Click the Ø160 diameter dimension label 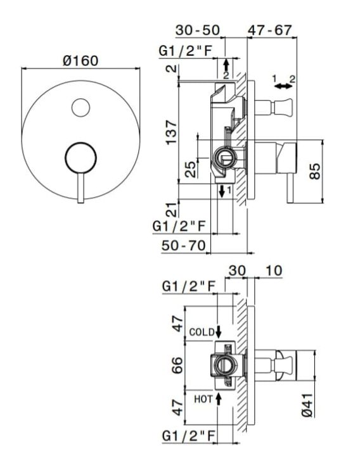pos(80,61)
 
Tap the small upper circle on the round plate pos(80,108)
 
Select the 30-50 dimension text pos(198,30)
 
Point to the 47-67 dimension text pos(269,30)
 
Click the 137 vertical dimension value pos(171,132)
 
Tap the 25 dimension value pos(191,169)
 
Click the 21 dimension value pos(172,210)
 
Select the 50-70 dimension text pos(184,245)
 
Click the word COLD pos(202,332)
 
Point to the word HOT pos(203,399)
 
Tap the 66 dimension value pos(177,365)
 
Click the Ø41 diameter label pos(307,405)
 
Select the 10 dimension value pos(274,270)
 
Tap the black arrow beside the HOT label pos(218,398)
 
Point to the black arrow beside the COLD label pos(218,332)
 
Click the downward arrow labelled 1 pos(222,191)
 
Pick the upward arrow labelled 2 pos(226,64)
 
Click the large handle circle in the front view pos(80,158)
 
